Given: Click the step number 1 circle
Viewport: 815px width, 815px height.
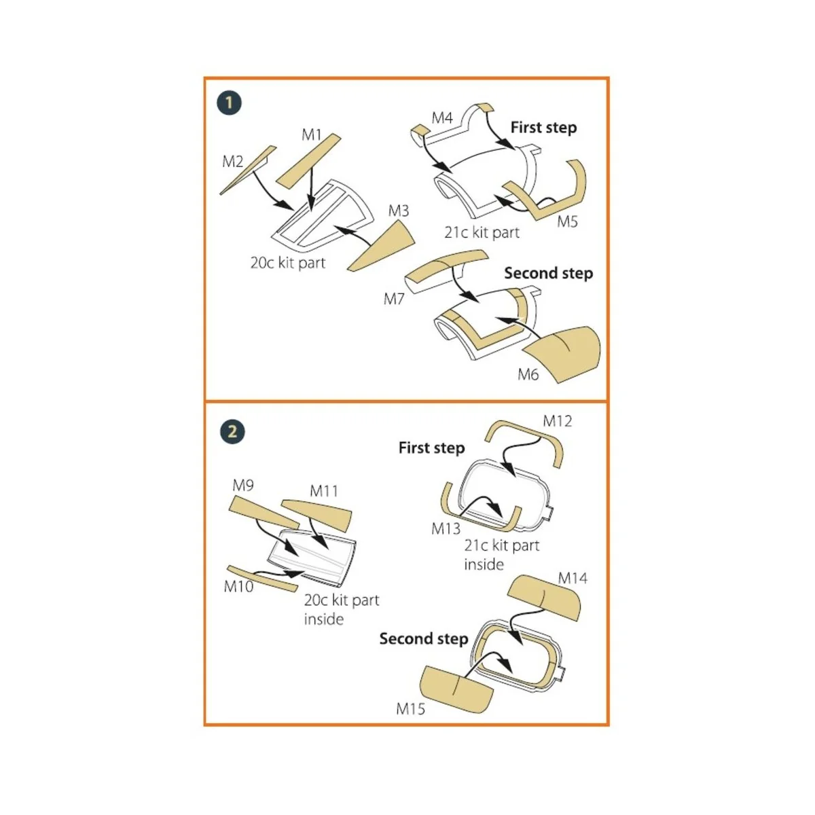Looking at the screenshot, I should [x=230, y=103].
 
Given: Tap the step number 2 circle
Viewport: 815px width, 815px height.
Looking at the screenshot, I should [x=232, y=432].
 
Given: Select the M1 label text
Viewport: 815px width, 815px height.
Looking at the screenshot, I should [x=312, y=135].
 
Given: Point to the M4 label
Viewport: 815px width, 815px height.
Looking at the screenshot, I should [x=442, y=117].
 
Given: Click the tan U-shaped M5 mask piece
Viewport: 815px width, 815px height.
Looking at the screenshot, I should [x=561, y=197].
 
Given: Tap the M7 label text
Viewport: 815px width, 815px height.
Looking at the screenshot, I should [x=394, y=299].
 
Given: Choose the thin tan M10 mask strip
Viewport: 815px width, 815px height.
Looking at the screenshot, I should [x=262, y=578].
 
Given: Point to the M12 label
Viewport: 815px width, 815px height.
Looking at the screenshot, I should [x=557, y=421].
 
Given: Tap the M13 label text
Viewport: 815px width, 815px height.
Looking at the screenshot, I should [x=446, y=528].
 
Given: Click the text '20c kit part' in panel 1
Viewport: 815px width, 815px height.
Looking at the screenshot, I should [x=288, y=263].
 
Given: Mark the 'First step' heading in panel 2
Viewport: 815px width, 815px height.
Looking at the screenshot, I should [x=431, y=448].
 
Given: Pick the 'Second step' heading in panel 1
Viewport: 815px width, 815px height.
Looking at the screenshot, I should [x=548, y=273].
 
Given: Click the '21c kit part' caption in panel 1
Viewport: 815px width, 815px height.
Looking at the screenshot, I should [x=482, y=232].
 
